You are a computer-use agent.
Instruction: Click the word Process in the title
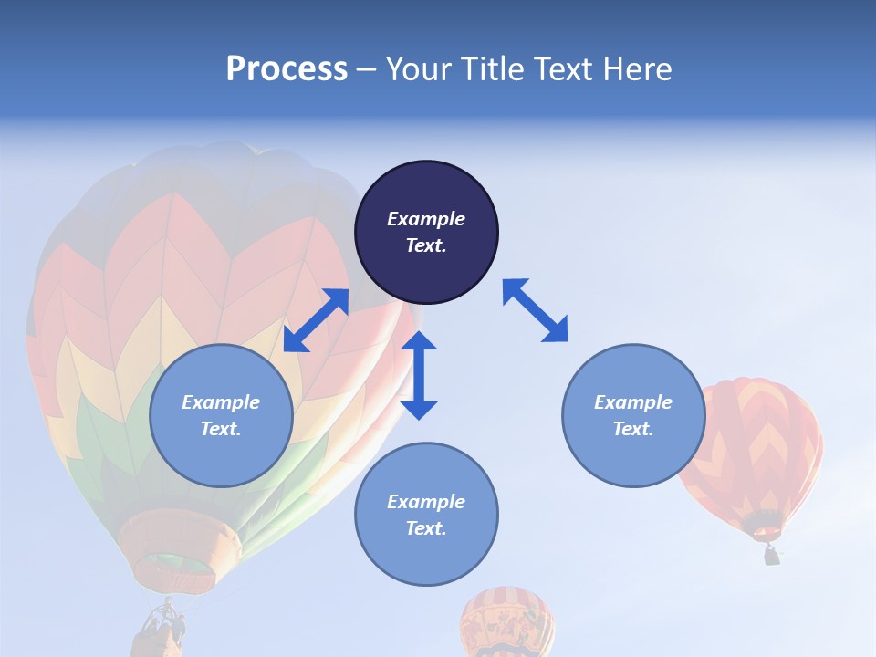tap(287, 69)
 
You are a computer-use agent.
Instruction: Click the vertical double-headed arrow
tap(419, 375)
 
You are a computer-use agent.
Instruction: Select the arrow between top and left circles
tap(316, 319)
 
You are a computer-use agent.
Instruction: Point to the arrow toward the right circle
tap(535, 310)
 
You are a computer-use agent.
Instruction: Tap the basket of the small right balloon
tap(772, 554)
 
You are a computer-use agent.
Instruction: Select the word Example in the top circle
tap(426, 219)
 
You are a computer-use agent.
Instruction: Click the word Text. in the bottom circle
tap(426, 528)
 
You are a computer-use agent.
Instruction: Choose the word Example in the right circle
tap(633, 402)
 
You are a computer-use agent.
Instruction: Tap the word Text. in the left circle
tap(221, 429)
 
